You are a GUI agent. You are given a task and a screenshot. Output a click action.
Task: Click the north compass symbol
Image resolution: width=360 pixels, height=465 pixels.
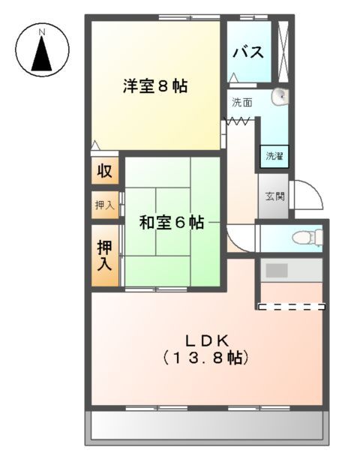click(42, 51)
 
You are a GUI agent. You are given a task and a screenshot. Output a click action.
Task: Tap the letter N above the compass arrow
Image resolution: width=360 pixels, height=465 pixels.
click(43, 31)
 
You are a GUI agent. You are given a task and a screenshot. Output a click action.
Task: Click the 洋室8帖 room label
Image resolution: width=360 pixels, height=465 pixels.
click(155, 85)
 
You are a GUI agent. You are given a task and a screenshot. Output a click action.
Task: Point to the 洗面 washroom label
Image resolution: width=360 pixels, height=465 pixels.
click(241, 101)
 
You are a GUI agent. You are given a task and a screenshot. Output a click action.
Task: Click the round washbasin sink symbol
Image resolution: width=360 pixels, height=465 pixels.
click(280, 95)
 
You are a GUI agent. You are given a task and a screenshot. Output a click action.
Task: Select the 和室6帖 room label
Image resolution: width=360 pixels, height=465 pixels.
click(172, 223)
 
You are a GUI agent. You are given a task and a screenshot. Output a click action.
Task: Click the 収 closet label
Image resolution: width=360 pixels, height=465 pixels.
click(105, 171)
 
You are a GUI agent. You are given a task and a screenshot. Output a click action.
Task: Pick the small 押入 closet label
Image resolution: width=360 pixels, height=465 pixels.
click(104, 205)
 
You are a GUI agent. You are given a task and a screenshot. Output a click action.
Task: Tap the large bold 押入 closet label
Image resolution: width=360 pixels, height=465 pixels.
click(104, 254)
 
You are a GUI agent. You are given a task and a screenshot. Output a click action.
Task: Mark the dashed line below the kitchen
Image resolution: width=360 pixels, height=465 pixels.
click(291, 306)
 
